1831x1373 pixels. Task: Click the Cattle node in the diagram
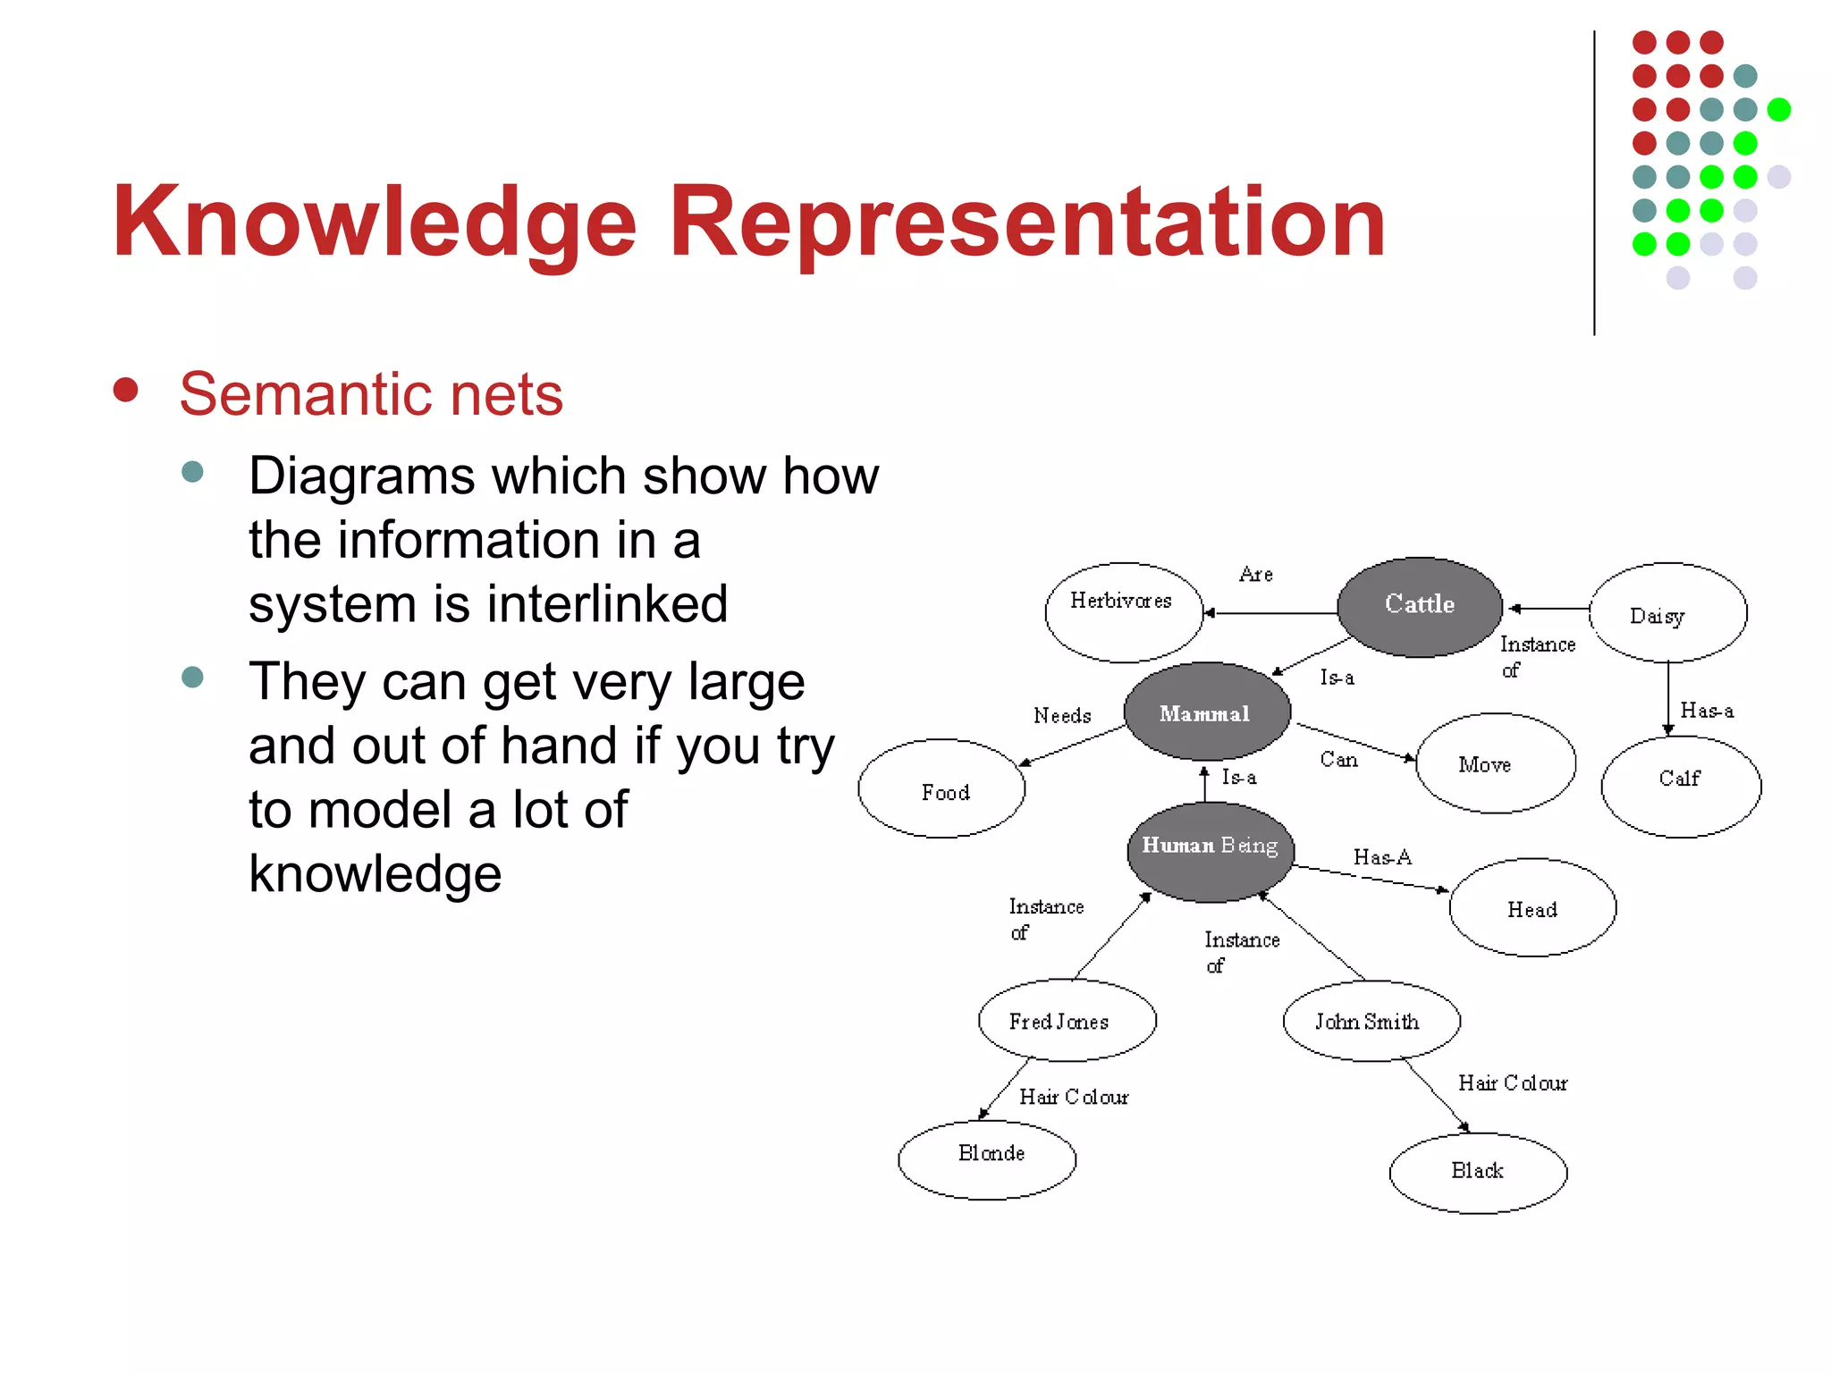click(x=1420, y=606)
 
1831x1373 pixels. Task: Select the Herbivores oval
click(x=1123, y=611)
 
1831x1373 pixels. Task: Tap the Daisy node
click(x=1667, y=613)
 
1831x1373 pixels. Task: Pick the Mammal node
click(x=1206, y=712)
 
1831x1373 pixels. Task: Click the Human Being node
click(x=1211, y=850)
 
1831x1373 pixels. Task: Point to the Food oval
click(x=942, y=789)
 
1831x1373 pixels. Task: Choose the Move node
click(x=1495, y=763)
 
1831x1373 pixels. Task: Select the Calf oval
click(x=1681, y=784)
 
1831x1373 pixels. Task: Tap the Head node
click(x=1532, y=908)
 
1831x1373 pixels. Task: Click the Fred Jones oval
click(x=1067, y=1020)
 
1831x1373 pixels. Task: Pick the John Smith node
click(x=1371, y=1021)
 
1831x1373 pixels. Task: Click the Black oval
click(x=1478, y=1172)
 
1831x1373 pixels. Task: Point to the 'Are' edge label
click(x=1255, y=575)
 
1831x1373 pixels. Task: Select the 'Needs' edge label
click(x=1062, y=716)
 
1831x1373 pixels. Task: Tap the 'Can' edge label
click(x=1338, y=760)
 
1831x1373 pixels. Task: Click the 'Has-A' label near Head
click(x=1382, y=857)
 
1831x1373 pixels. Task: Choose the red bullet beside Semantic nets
click(x=126, y=391)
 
